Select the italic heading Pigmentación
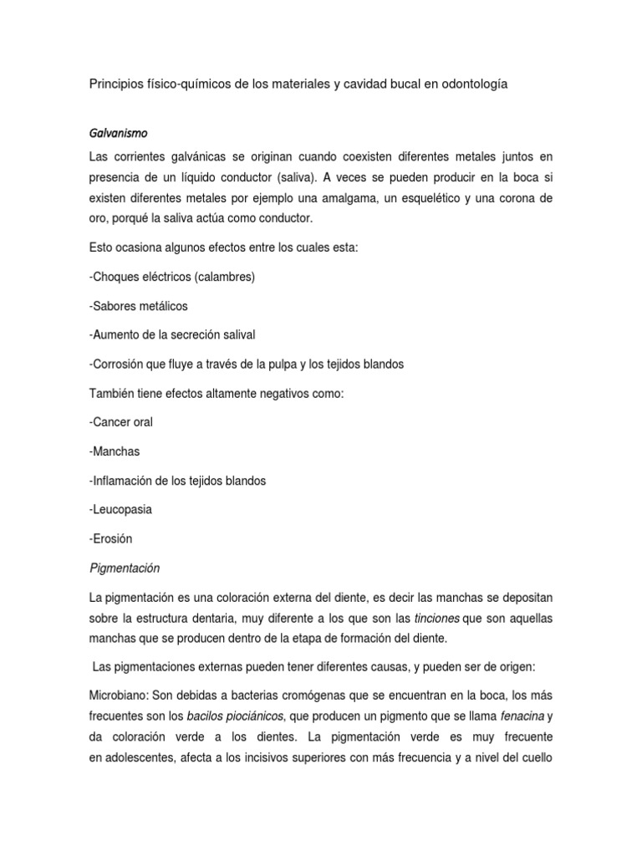click(124, 568)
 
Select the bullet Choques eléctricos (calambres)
click(171, 277)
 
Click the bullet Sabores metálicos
click(137, 306)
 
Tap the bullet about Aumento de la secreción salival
click(171, 334)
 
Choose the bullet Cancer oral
click(120, 422)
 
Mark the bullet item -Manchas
click(114, 451)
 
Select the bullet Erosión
click(110, 538)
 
